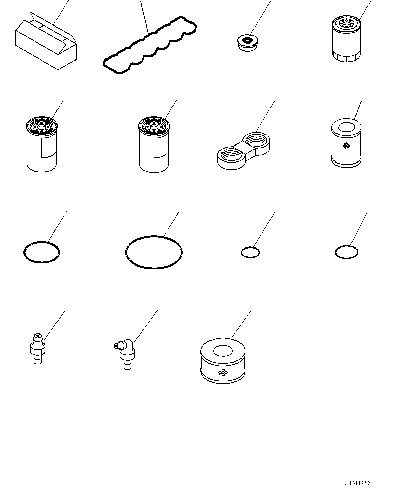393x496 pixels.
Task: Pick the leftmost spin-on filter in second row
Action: coord(40,143)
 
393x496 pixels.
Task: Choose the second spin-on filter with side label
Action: coord(154,143)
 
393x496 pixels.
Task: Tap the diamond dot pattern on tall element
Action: coord(346,146)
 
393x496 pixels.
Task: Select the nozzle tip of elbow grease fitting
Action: coord(116,346)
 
